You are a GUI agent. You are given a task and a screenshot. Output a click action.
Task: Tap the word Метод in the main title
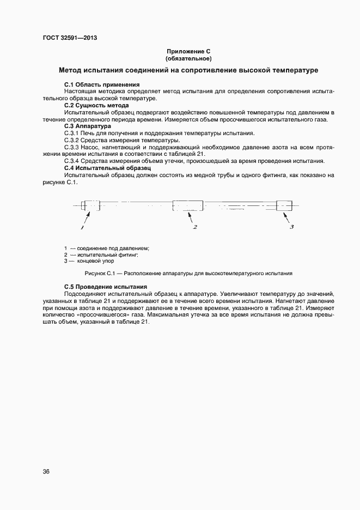(x=72, y=71)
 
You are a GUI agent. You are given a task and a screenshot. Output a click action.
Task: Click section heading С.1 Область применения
(x=102, y=85)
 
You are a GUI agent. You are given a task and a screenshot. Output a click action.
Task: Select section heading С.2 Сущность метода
(x=96, y=105)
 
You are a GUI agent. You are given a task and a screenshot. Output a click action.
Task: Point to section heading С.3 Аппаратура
(x=87, y=126)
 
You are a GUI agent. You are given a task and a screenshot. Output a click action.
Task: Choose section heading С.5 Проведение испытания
(x=106, y=287)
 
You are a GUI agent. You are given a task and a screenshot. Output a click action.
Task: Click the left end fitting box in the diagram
(x=90, y=207)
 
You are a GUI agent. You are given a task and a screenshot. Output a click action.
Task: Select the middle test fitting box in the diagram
(x=188, y=206)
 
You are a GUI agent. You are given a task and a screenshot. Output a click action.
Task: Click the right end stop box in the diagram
(x=284, y=206)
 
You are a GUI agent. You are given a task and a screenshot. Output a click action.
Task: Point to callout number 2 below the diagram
(x=194, y=227)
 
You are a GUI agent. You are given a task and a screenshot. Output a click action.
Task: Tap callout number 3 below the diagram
(x=291, y=227)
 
